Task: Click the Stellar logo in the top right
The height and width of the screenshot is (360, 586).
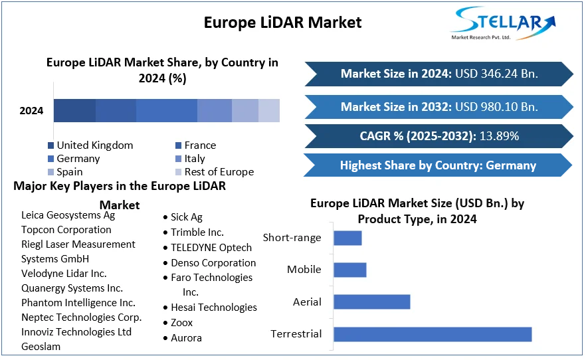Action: [502, 23]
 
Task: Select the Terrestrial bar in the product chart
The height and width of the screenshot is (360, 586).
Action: [432, 334]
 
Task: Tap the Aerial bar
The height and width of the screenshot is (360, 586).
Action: [371, 302]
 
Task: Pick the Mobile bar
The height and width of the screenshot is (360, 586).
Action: [349, 270]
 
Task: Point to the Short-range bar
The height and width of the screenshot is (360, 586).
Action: [347, 238]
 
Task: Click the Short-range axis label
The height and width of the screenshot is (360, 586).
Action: [292, 238]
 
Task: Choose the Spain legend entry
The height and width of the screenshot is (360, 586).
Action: [70, 172]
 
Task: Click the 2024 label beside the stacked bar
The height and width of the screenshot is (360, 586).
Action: [31, 111]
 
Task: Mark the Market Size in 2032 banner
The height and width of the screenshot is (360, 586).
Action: [439, 106]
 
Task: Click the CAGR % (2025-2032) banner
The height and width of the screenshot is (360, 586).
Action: [439, 136]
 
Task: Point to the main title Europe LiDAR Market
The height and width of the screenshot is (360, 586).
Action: [282, 22]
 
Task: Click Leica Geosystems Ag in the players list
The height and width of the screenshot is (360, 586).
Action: [68, 215]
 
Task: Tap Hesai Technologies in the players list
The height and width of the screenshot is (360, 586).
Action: [213, 308]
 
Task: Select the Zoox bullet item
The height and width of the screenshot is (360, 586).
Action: [181, 323]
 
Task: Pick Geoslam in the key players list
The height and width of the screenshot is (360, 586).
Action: [41, 347]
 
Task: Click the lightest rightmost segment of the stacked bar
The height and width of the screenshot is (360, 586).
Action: [269, 111]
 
